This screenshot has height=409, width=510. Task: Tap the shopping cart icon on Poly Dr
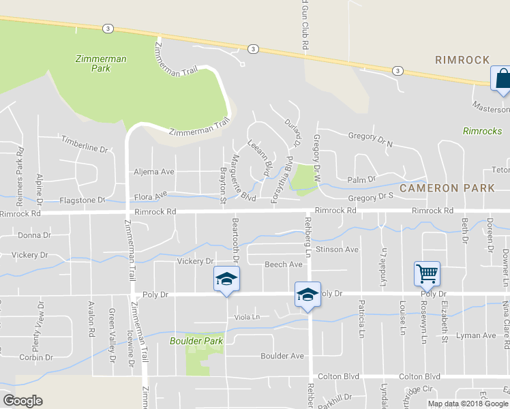tap(427, 273)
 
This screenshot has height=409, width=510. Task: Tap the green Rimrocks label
tap(482, 131)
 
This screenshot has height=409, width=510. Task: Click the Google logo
tap(22, 401)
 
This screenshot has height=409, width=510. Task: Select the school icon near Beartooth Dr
tap(227, 280)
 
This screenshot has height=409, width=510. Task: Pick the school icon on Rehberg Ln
tap(307, 294)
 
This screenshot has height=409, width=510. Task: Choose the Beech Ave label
tap(283, 264)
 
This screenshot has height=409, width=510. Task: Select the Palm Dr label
tap(361, 179)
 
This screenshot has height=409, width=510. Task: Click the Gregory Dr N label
tap(371, 139)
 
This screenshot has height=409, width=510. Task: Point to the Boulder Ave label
tap(282, 356)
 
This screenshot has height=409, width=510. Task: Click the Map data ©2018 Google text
tap(468, 404)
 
